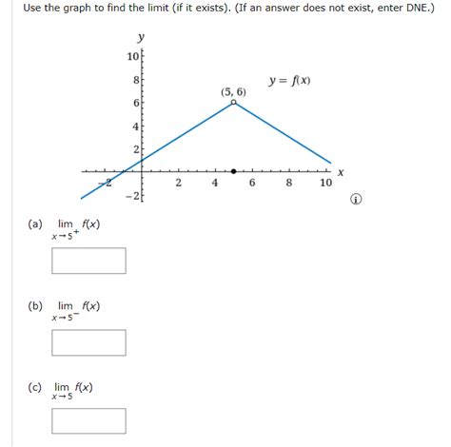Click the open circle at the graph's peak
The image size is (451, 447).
coord(233,102)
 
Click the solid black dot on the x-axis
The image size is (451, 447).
coord(233,171)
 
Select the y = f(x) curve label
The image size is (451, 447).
coord(289,81)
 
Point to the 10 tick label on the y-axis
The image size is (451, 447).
coord(132,57)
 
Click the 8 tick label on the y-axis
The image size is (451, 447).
coord(135,82)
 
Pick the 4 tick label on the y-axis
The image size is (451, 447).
coord(135,126)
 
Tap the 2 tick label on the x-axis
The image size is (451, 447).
coord(178,184)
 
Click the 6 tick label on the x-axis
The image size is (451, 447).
coord(252,184)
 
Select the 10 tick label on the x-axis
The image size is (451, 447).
coord(326,184)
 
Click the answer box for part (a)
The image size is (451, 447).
coord(89,260)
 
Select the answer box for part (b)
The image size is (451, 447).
coord(89,341)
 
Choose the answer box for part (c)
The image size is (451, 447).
coord(89,420)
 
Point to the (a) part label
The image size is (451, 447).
coord(35,224)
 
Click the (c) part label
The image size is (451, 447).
coord(35,387)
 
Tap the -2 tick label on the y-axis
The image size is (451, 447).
coord(132,195)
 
